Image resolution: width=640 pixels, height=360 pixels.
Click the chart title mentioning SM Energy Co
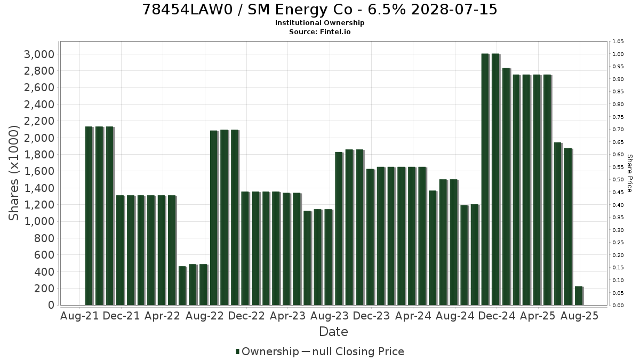point(319,10)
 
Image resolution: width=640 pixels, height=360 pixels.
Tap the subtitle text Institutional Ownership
point(319,23)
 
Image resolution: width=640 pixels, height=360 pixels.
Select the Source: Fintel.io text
point(319,31)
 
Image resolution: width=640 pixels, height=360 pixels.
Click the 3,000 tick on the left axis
point(39,54)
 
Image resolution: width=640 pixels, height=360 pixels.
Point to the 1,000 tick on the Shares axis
point(39,221)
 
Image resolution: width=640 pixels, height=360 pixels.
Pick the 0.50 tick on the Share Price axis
point(618,180)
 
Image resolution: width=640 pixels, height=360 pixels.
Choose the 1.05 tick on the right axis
point(618,42)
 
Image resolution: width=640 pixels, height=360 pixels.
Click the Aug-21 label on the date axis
point(79,316)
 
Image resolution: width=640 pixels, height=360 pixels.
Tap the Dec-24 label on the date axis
point(497,316)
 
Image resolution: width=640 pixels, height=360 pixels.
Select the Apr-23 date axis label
point(287,316)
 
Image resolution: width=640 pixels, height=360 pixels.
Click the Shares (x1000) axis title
point(13,173)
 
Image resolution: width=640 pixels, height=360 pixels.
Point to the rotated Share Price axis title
point(630,173)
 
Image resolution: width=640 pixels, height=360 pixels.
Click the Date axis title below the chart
point(333,332)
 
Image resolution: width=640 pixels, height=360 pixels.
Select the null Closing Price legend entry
point(353,351)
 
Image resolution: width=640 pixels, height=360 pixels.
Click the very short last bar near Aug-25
point(579,295)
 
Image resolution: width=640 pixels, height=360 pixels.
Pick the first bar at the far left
point(89,216)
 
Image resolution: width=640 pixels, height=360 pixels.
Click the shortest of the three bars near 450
point(183,286)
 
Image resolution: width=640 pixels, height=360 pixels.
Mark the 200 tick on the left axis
point(44,289)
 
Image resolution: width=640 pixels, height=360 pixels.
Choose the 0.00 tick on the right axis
point(618,306)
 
